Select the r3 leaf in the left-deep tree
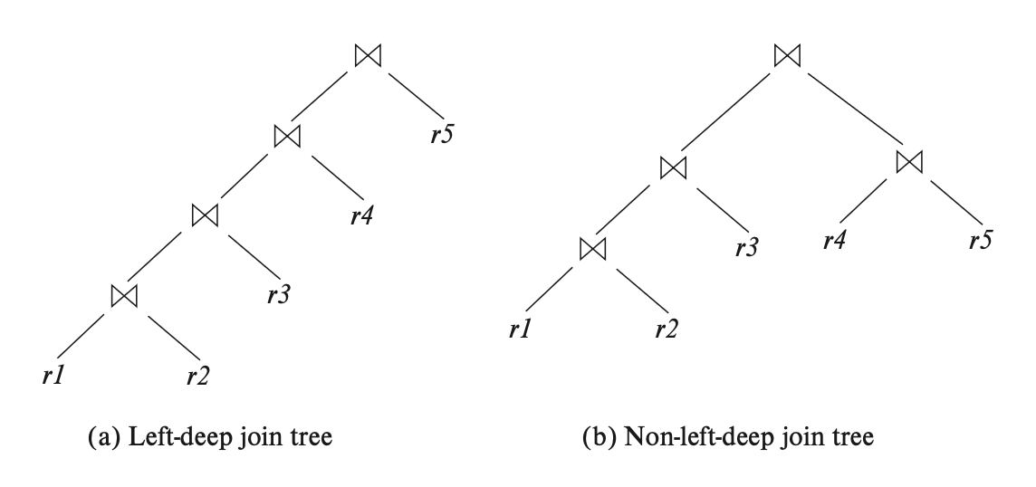pos(279,295)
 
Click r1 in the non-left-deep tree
pos(518,329)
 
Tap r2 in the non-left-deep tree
pos(666,329)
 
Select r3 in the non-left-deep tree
pos(745,246)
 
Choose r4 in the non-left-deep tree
pos(834,242)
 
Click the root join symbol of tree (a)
pos(369,55)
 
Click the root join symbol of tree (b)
pos(787,55)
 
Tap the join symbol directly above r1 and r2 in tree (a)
pos(123,295)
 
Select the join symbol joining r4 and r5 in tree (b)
pos(908,161)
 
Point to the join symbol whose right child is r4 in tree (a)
pos(287,136)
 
